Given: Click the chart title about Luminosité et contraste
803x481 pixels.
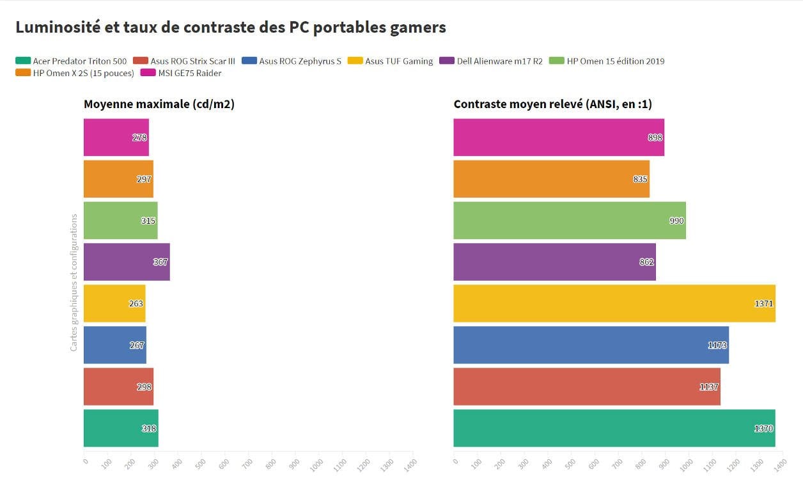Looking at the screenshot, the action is click(231, 28).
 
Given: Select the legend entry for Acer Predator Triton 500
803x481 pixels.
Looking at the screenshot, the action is click(71, 61).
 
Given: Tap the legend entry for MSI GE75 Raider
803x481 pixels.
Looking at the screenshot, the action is click(181, 73).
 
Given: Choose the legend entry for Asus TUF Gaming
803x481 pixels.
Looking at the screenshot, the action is click(390, 61).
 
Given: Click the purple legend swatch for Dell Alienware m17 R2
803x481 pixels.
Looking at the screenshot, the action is click(447, 61).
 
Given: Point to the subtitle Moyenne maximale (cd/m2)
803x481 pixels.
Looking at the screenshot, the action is click(159, 104).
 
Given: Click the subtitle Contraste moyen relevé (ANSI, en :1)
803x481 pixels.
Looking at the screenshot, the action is click(553, 104).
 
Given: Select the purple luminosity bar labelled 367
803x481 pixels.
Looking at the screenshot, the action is click(127, 262).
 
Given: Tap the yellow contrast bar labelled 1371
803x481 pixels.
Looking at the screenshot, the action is click(614, 303).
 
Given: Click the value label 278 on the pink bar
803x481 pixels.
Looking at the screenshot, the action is click(139, 138).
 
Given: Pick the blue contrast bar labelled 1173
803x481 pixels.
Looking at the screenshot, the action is click(591, 345).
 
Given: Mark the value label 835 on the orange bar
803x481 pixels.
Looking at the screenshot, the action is click(640, 179).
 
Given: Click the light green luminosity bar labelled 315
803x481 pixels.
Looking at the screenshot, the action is click(120, 221).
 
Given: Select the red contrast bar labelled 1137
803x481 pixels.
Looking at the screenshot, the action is click(587, 387).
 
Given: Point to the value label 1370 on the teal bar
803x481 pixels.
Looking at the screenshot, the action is click(763, 429).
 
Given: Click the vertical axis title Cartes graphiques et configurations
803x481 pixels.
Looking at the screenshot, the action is click(74, 283).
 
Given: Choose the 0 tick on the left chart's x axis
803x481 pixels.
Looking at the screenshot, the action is click(86, 461).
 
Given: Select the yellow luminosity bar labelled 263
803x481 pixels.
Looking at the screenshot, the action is click(114, 303).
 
